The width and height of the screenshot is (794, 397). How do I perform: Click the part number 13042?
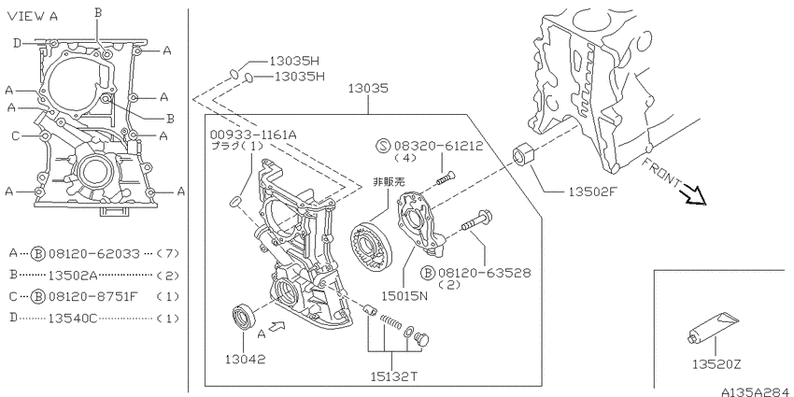coord(246,359)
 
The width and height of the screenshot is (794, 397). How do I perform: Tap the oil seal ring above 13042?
coord(245,317)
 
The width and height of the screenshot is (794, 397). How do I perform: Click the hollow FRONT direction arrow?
coord(693,196)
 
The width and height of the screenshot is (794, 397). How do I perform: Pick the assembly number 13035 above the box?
coord(368,88)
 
